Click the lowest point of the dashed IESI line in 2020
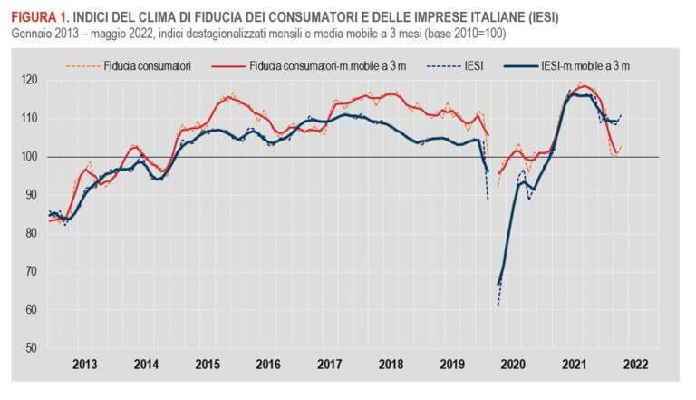[498, 305]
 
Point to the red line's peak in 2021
[584, 86]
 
